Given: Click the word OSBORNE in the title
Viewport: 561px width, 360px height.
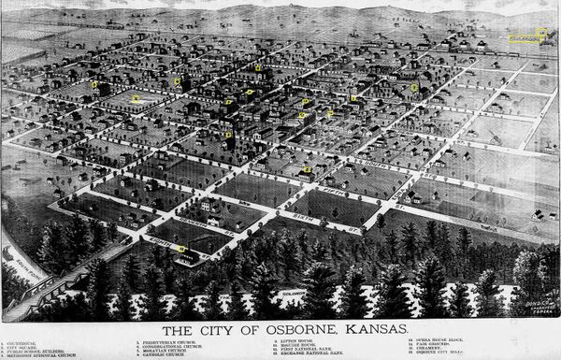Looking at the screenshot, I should point(275,331).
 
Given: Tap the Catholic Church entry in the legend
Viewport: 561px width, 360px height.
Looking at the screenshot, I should point(160,357).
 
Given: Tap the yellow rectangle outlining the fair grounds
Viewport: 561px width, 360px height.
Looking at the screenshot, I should point(528,37).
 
